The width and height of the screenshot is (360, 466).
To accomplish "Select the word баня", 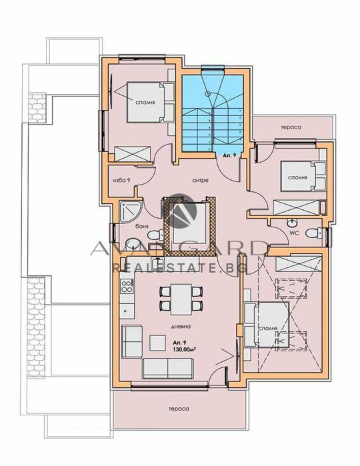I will pyautogui.click(x=141, y=226).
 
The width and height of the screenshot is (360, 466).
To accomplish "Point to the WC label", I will pyautogui.click(x=293, y=233).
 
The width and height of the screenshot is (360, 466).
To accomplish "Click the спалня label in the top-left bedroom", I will pyautogui.click(x=145, y=104).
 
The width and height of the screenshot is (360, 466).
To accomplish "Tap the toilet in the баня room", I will pyautogui.click(x=153, y=235).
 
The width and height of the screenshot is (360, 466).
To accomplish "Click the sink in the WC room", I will pyautogui.click(x=291, y=221).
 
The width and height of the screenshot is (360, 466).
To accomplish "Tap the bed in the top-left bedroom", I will pyautogui.click(x=143, y=102).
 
